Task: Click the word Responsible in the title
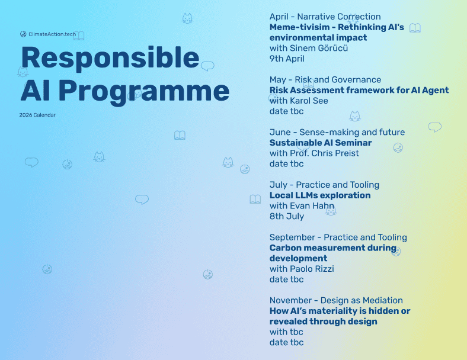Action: [110, 58]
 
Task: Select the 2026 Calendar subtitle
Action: [37, 115]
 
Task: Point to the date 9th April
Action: [287, 59]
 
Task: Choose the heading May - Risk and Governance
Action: [325, 79]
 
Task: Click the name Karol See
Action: [309, 101]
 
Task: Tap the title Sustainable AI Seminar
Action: [321, 143]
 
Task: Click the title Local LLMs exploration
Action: [320, 195]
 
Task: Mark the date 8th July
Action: [287, 216]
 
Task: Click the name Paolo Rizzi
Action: [312, 269]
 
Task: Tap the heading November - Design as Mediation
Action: [336, 300]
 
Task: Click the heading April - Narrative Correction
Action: [325, 17]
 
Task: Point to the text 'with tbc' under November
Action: [286, 332]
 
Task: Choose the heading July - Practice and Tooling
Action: [324, 185]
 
